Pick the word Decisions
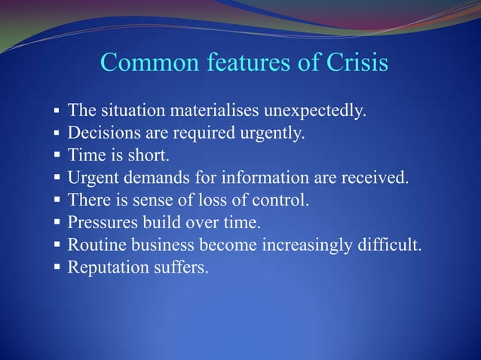pos(102,134)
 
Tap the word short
pos(149,157)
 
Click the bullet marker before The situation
pos(57,113)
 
